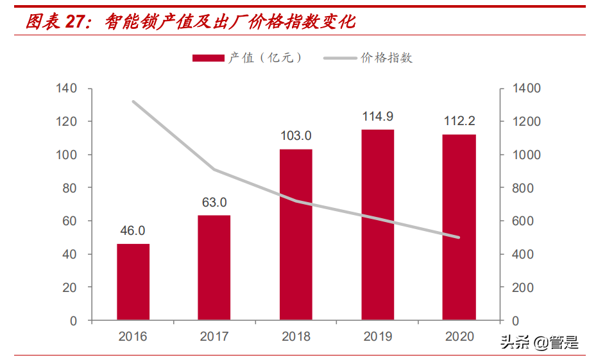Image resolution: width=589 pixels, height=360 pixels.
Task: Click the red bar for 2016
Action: pos(133,282)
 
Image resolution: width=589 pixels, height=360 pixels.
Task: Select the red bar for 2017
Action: pos(214,268)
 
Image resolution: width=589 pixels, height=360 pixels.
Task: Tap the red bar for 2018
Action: pos(296,234)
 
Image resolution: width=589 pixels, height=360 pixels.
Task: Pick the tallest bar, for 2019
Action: pos(378,225)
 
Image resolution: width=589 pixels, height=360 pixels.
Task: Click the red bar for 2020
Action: pos(459,227)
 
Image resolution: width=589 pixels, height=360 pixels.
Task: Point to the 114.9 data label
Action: pos(378,117)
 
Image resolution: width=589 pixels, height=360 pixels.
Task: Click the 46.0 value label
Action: pos(133,231)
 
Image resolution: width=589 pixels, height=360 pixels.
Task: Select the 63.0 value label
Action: pos(214,203)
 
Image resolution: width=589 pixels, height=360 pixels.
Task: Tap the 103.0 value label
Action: pos(296,136)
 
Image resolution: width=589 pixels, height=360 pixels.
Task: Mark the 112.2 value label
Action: pos(459,121)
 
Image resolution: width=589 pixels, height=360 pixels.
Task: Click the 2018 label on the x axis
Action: pos(296,337)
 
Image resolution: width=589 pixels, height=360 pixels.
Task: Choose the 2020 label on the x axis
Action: pos(459,337)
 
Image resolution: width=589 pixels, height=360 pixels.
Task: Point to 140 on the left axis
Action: pos(66,89)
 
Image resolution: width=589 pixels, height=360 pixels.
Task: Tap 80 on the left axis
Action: pos(69,188)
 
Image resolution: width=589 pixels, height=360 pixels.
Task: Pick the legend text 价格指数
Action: pos(387,58)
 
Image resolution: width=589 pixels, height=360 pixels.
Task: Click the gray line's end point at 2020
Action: pos(459,237)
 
